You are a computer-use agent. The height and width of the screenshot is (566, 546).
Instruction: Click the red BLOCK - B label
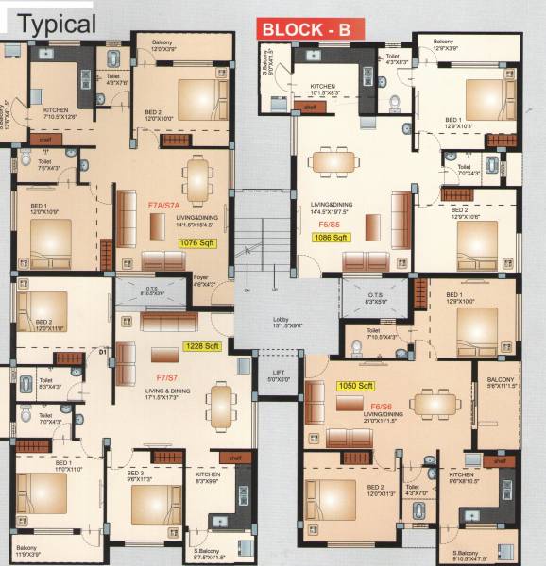coord(305,28)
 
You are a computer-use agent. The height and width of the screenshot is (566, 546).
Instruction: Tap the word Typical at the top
coord(57,24)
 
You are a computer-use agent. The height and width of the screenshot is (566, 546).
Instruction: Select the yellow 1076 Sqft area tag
coord(197,242)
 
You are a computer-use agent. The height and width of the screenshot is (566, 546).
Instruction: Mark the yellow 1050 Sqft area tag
coord(356,386)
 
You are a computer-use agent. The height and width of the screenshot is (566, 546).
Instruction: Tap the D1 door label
coord(103,356)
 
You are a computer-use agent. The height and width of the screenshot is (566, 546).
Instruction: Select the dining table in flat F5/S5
coord(337,163)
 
